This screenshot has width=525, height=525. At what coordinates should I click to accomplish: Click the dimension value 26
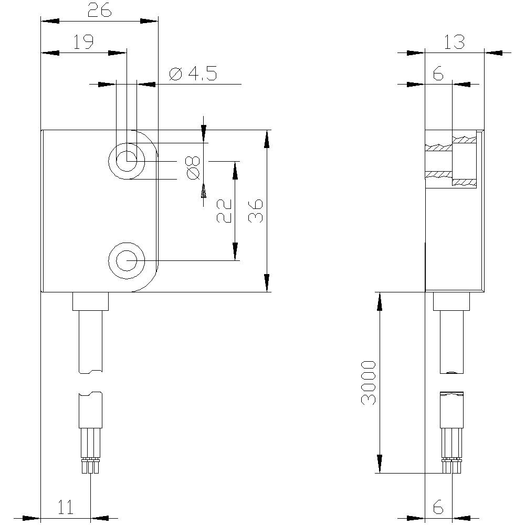tap(99, 10)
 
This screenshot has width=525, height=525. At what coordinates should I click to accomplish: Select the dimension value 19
tap(83, 42)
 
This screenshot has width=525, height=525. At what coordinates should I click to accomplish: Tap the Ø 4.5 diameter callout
tap(193, 74)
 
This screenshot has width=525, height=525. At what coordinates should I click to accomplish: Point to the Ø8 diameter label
tap(193, 167)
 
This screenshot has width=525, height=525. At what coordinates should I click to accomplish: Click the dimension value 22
tap(225, 211)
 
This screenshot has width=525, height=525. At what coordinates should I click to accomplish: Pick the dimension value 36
tap(256, 211)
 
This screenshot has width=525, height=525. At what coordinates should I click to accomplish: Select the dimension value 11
tap(66, 507)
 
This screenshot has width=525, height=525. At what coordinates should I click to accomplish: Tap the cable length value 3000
tap(369, 382)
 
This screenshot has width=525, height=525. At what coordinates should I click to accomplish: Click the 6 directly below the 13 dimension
tap(438, 74)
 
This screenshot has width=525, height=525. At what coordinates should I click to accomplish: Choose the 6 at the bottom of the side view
tap(438, 507)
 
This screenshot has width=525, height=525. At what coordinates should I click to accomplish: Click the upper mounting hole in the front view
tap(127, 160)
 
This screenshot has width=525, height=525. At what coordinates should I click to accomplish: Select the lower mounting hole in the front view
tap(127, 260)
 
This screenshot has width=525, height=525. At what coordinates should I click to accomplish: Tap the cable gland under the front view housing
tap(90, 301)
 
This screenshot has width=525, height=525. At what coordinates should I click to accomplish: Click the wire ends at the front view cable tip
tap(90, 466)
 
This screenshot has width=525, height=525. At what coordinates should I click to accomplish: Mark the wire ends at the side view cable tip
tap(451, 466)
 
